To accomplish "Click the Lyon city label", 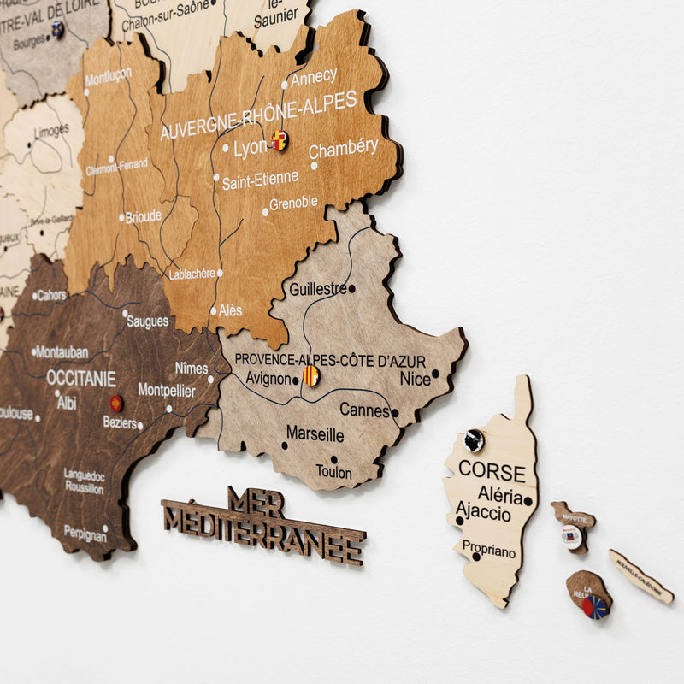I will click(x=250, y=148).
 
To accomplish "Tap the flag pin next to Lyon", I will click(x=280, y=141).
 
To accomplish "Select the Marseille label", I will click(x=315, y=434).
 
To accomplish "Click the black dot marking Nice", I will click(x=435, y=373).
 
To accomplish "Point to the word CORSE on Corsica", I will click(x=492, y=470).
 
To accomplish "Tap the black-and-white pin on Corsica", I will click(x=474, y=440).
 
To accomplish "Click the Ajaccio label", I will click(x=483, y=513).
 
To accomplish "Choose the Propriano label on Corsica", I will click(x=489, y=551).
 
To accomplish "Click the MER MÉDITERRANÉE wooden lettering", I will click(x=263, y=523).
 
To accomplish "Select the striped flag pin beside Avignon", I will click(x=312, y=375).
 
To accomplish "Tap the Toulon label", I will click(x=333, y=472).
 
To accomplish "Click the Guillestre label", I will click(x=317, y=289).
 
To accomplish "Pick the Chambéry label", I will click(x=343, y=149).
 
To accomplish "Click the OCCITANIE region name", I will click(x=80, y=377).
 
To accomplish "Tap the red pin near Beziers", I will click(x=115, y=404).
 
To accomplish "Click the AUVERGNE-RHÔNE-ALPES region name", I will click(x=257, y=115).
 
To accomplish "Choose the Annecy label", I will click(x=314, y=77).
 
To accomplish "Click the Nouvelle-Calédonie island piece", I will click(x=640, y=575).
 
